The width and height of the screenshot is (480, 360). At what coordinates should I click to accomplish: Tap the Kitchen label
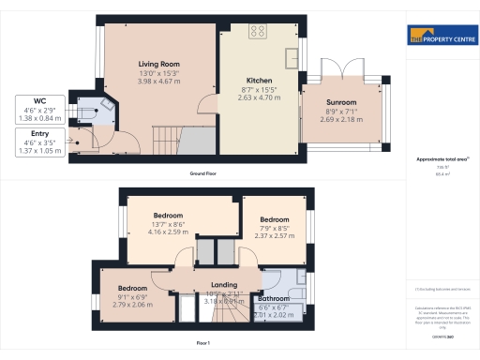click(259, 80)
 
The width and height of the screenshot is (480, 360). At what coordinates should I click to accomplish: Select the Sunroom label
click(341, 101)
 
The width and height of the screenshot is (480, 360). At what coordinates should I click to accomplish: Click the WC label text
click(40, 99)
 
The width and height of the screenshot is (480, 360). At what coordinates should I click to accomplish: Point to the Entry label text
click(39, 135)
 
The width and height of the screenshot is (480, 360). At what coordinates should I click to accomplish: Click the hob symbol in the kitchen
click(258, 32)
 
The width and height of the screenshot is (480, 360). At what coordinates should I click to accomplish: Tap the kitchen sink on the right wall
click(292, 50)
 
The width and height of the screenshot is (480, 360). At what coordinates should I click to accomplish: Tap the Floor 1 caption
click(202, 343)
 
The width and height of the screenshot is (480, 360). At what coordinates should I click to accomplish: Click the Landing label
click(223, 285)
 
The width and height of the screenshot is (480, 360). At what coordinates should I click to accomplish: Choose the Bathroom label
click(275, 298)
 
